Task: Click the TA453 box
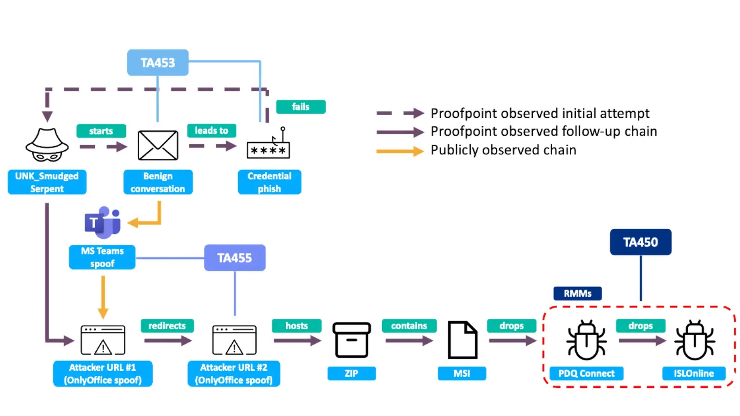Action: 158,62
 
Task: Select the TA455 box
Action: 234,257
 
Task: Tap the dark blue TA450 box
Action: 640,242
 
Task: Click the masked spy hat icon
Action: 47,145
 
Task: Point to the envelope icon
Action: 158,146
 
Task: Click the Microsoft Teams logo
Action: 103,223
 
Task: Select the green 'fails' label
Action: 301,107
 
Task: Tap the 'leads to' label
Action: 211,131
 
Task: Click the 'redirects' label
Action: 167,326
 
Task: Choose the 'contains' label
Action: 409,326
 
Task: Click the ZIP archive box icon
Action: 351,340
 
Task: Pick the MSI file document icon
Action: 462,340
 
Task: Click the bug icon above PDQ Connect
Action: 586,341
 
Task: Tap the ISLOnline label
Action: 693,373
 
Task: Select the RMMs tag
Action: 577,294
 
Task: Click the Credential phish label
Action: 269,182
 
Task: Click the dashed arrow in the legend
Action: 400,113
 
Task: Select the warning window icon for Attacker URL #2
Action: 234,340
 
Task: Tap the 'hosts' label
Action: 296,326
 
